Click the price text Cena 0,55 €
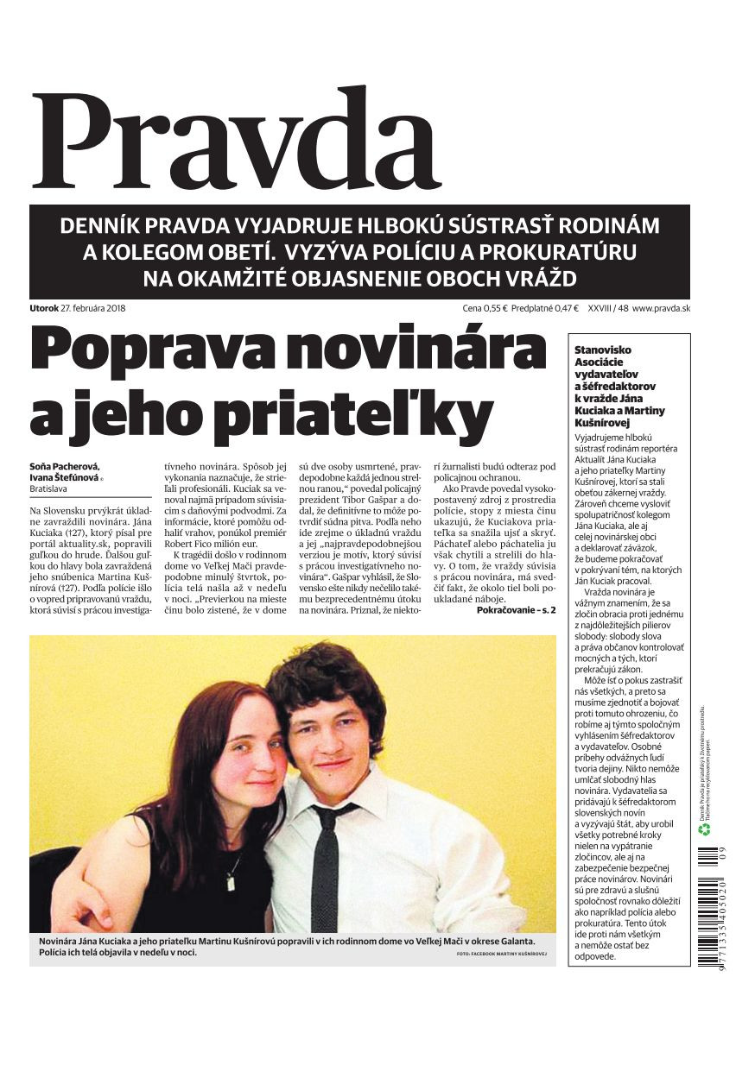[x=484, y=308]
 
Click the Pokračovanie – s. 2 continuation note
[x=516, y=610]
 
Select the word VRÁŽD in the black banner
[x=535, y=279]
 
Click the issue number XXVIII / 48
[x=606, y=308]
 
